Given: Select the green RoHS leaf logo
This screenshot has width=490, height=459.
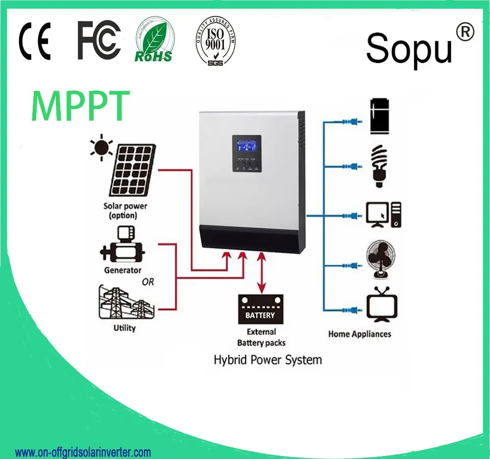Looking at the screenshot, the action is pos(154,41).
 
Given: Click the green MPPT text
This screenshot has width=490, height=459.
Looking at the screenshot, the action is pos(81,106).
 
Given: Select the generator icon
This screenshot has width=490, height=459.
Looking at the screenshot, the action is pos(122,248).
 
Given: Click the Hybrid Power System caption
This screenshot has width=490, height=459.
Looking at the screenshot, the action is pos(268,360).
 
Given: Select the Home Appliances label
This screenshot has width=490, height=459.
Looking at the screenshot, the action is pos(360,334).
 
